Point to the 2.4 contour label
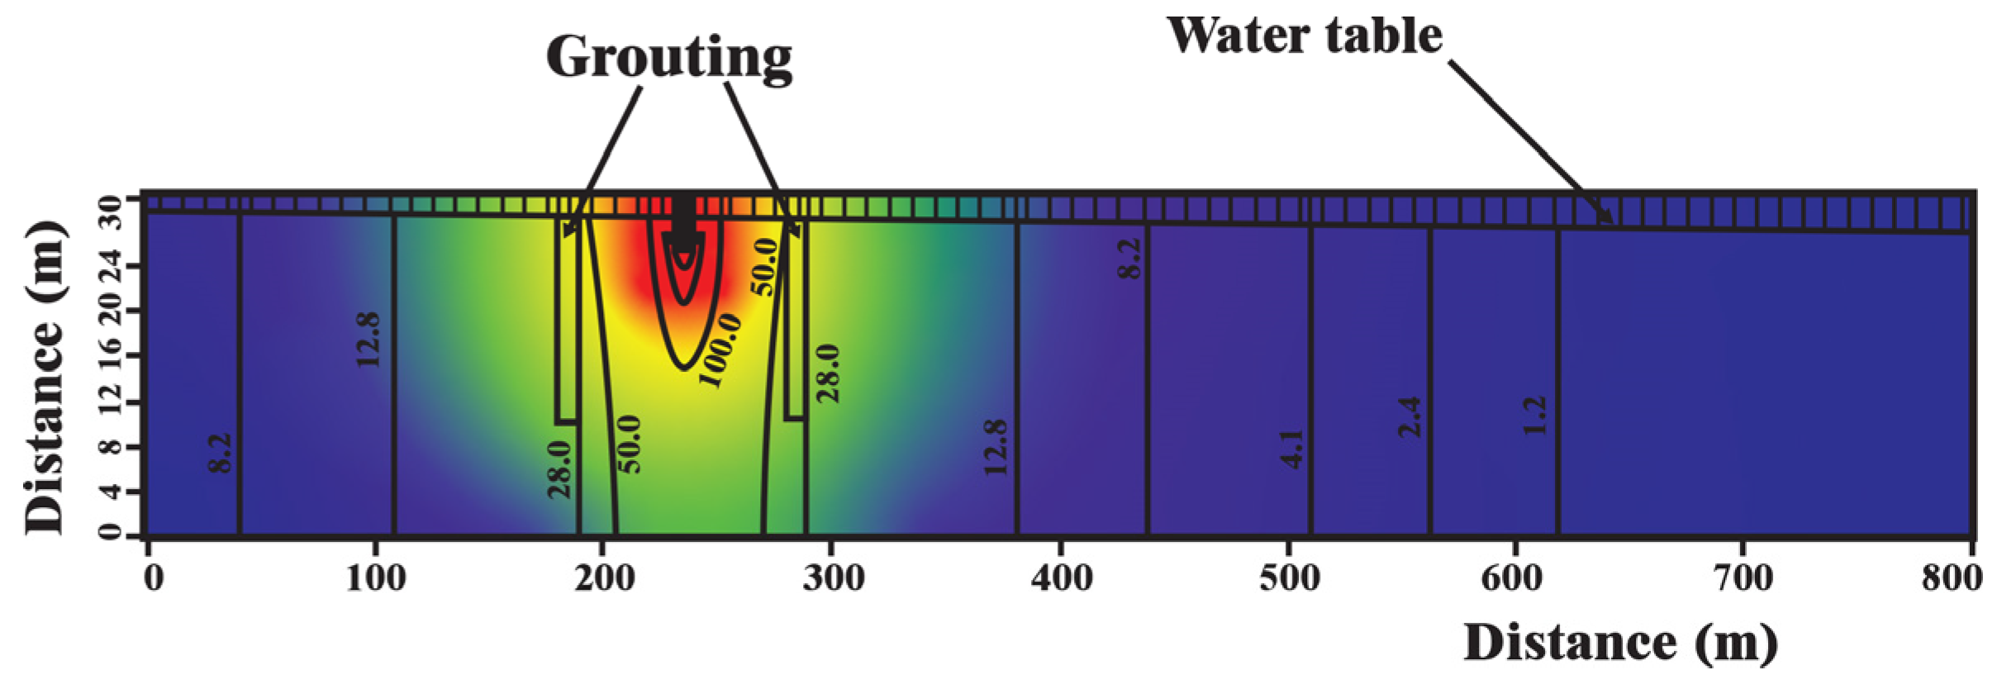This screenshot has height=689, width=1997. coord(1411,417)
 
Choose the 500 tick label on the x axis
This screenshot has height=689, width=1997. coord(1289,579)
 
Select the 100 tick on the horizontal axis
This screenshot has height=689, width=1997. coord(376,579)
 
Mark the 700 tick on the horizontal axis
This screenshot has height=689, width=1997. coord(1743,579)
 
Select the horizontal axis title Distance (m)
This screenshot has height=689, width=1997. coord(1620,643)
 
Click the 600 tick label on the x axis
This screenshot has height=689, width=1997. coord(1515,579)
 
